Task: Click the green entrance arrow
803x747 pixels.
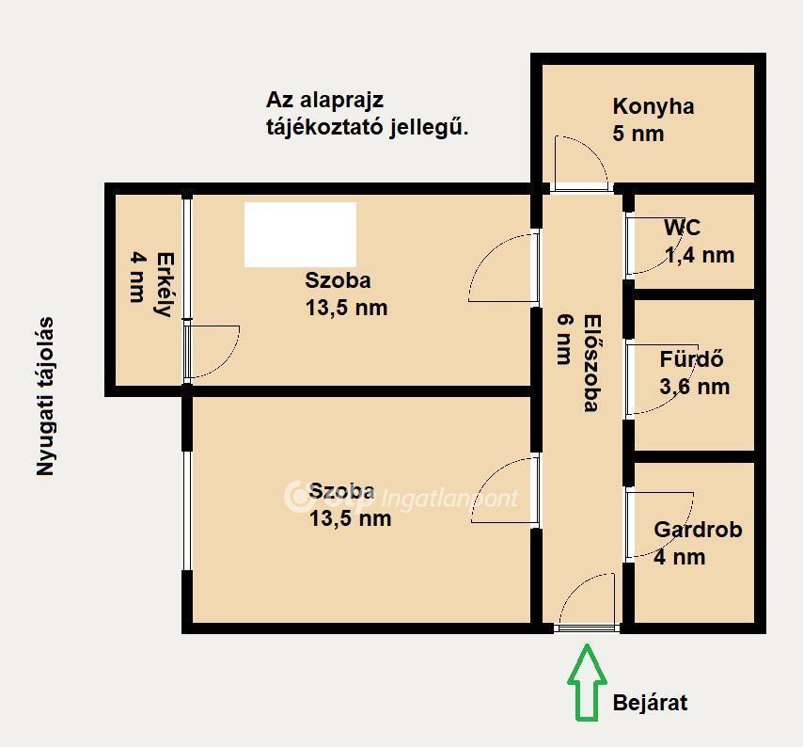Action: (587, 682)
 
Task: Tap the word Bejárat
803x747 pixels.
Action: (650, 703)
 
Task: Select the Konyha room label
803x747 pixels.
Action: (653, 107)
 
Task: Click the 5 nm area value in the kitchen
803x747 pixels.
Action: (638, 135)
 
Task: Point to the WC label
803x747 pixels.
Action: (682, 227)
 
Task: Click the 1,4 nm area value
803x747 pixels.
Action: (700, 255)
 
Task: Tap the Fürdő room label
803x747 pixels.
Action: (691, 359)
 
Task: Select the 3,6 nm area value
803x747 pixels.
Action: (695, 387)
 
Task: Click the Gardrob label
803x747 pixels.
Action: (698, 530)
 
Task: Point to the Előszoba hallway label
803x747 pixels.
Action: (592, 363)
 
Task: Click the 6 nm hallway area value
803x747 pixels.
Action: (564, 339)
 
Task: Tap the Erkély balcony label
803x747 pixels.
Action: (165, 284)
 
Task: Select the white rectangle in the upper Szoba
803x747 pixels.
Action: (300, 234)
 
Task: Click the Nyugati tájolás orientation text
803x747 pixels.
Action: (45, 396)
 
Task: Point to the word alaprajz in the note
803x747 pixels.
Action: (341, 101)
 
